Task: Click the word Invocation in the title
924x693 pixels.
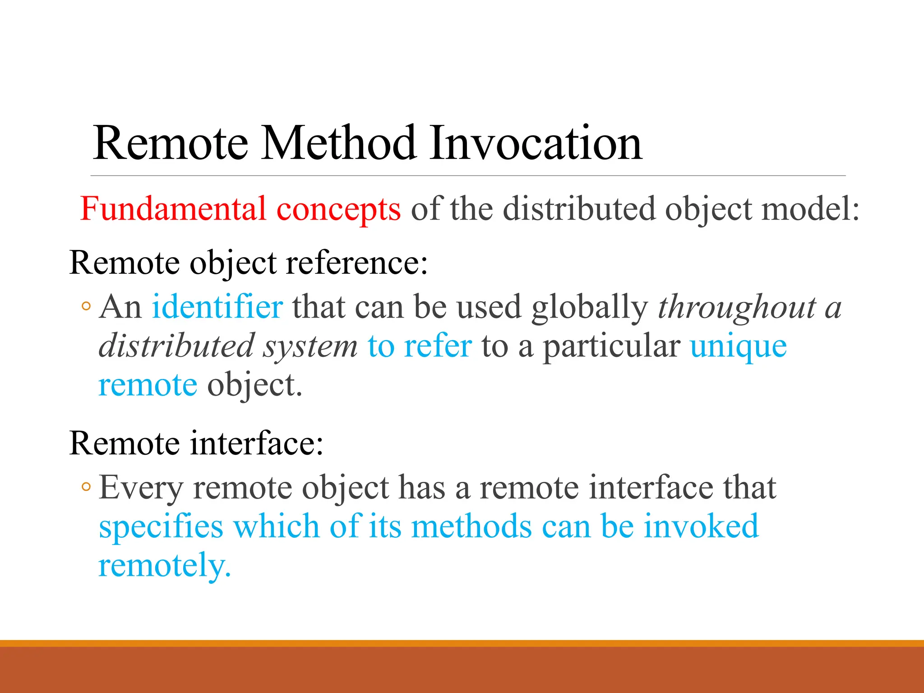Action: [x=536, y=143]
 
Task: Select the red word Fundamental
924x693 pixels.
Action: [x=173, y=209]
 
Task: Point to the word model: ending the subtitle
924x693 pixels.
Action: [x=810, y=209]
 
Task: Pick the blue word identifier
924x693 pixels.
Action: [x=217, y=307]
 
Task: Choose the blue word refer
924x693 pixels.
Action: [x=438, y=346]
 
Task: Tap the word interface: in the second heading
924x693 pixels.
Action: [x=256, y=443]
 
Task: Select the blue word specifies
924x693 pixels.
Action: [x=161, y=527]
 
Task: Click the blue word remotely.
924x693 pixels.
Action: [x=165, y=566]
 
